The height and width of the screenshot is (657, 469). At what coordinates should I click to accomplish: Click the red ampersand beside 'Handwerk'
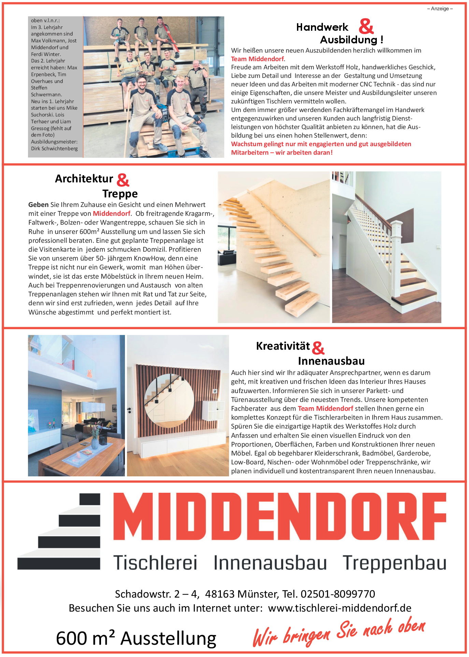(x=366, y=26)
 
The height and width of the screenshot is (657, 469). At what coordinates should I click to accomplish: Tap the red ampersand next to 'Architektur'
(x=123, y=180)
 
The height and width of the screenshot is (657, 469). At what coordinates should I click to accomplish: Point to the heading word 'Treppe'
(x=120, y=194)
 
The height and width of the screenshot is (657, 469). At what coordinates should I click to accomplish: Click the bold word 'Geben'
(x=38, y=205)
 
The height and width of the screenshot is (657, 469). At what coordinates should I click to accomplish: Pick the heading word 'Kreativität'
(x=283, y=346)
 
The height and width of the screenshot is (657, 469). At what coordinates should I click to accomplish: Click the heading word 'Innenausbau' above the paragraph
(x=331, y=361)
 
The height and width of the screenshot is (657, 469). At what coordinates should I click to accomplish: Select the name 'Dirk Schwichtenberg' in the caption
(x=54, y=149)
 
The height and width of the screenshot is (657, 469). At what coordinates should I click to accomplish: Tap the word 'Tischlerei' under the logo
(x=155, y=563)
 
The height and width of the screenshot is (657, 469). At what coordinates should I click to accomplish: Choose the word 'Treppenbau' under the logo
(x=394, y=563)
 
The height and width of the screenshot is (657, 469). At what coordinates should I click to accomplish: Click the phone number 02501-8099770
(x=338, y=594)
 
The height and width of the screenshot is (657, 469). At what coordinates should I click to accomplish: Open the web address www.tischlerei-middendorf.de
(x=339, y=608)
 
